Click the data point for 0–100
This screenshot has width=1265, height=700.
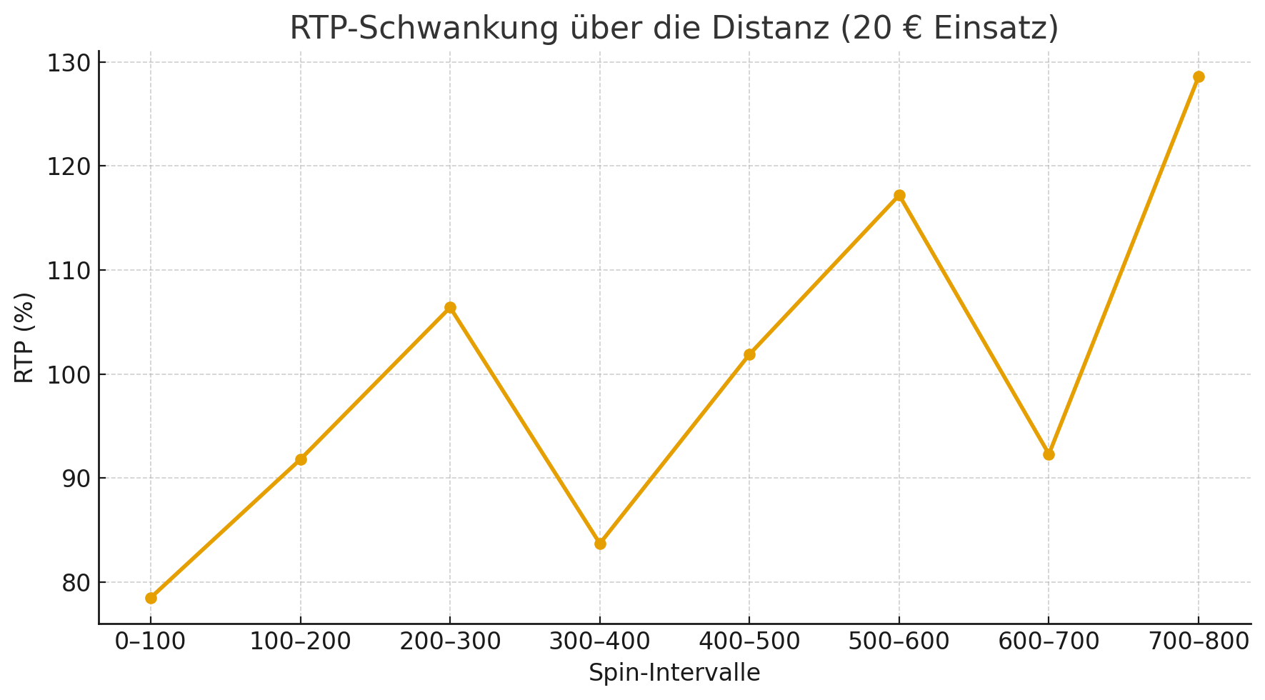point(151,598)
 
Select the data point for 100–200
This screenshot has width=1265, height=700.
point(301,459)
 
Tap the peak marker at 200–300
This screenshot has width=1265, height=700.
point(450,308)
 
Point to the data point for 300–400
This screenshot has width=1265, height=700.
point(600,544)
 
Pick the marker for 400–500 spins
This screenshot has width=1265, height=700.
point(749,354)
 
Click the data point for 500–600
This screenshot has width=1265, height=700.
point(899,196)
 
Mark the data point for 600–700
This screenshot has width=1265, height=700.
point(1049,454)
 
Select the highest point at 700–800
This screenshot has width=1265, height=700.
point(1199,77)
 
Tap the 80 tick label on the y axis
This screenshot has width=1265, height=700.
point(74,583)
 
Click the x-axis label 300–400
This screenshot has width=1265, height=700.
point(600,642)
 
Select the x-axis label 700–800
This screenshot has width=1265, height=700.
point(1199,642)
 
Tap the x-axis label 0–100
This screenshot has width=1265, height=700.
point(151,642)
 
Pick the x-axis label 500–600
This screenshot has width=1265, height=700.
point(899,642)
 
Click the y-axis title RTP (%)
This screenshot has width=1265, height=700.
point(24,337)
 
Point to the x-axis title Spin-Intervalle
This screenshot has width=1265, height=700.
point(674,673)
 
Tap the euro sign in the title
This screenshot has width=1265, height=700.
point(911,29)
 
